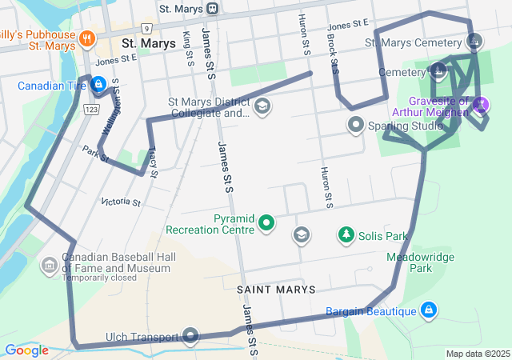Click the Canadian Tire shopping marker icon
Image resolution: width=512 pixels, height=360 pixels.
coord(98,83)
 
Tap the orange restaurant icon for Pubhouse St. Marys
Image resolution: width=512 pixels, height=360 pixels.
coord(88,37)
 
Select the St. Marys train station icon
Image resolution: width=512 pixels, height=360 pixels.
coord(212,9)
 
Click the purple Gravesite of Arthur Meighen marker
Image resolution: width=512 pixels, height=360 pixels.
coord(480,103)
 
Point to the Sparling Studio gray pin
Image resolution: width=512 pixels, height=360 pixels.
coord(355,126)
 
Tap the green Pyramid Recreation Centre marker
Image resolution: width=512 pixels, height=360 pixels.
coord(266,224)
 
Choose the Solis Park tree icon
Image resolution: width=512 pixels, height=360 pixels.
coord(346,235)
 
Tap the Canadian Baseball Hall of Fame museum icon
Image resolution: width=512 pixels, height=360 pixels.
coord(49,264)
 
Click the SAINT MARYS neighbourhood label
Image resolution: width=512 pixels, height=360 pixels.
coord(275,289)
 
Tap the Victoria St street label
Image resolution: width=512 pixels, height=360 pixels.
coord(121,202)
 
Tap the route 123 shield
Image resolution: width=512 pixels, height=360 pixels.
coord(92,108)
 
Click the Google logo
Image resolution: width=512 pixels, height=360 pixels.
coord(26,350)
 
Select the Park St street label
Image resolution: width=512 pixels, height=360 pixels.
coord(94,152)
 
